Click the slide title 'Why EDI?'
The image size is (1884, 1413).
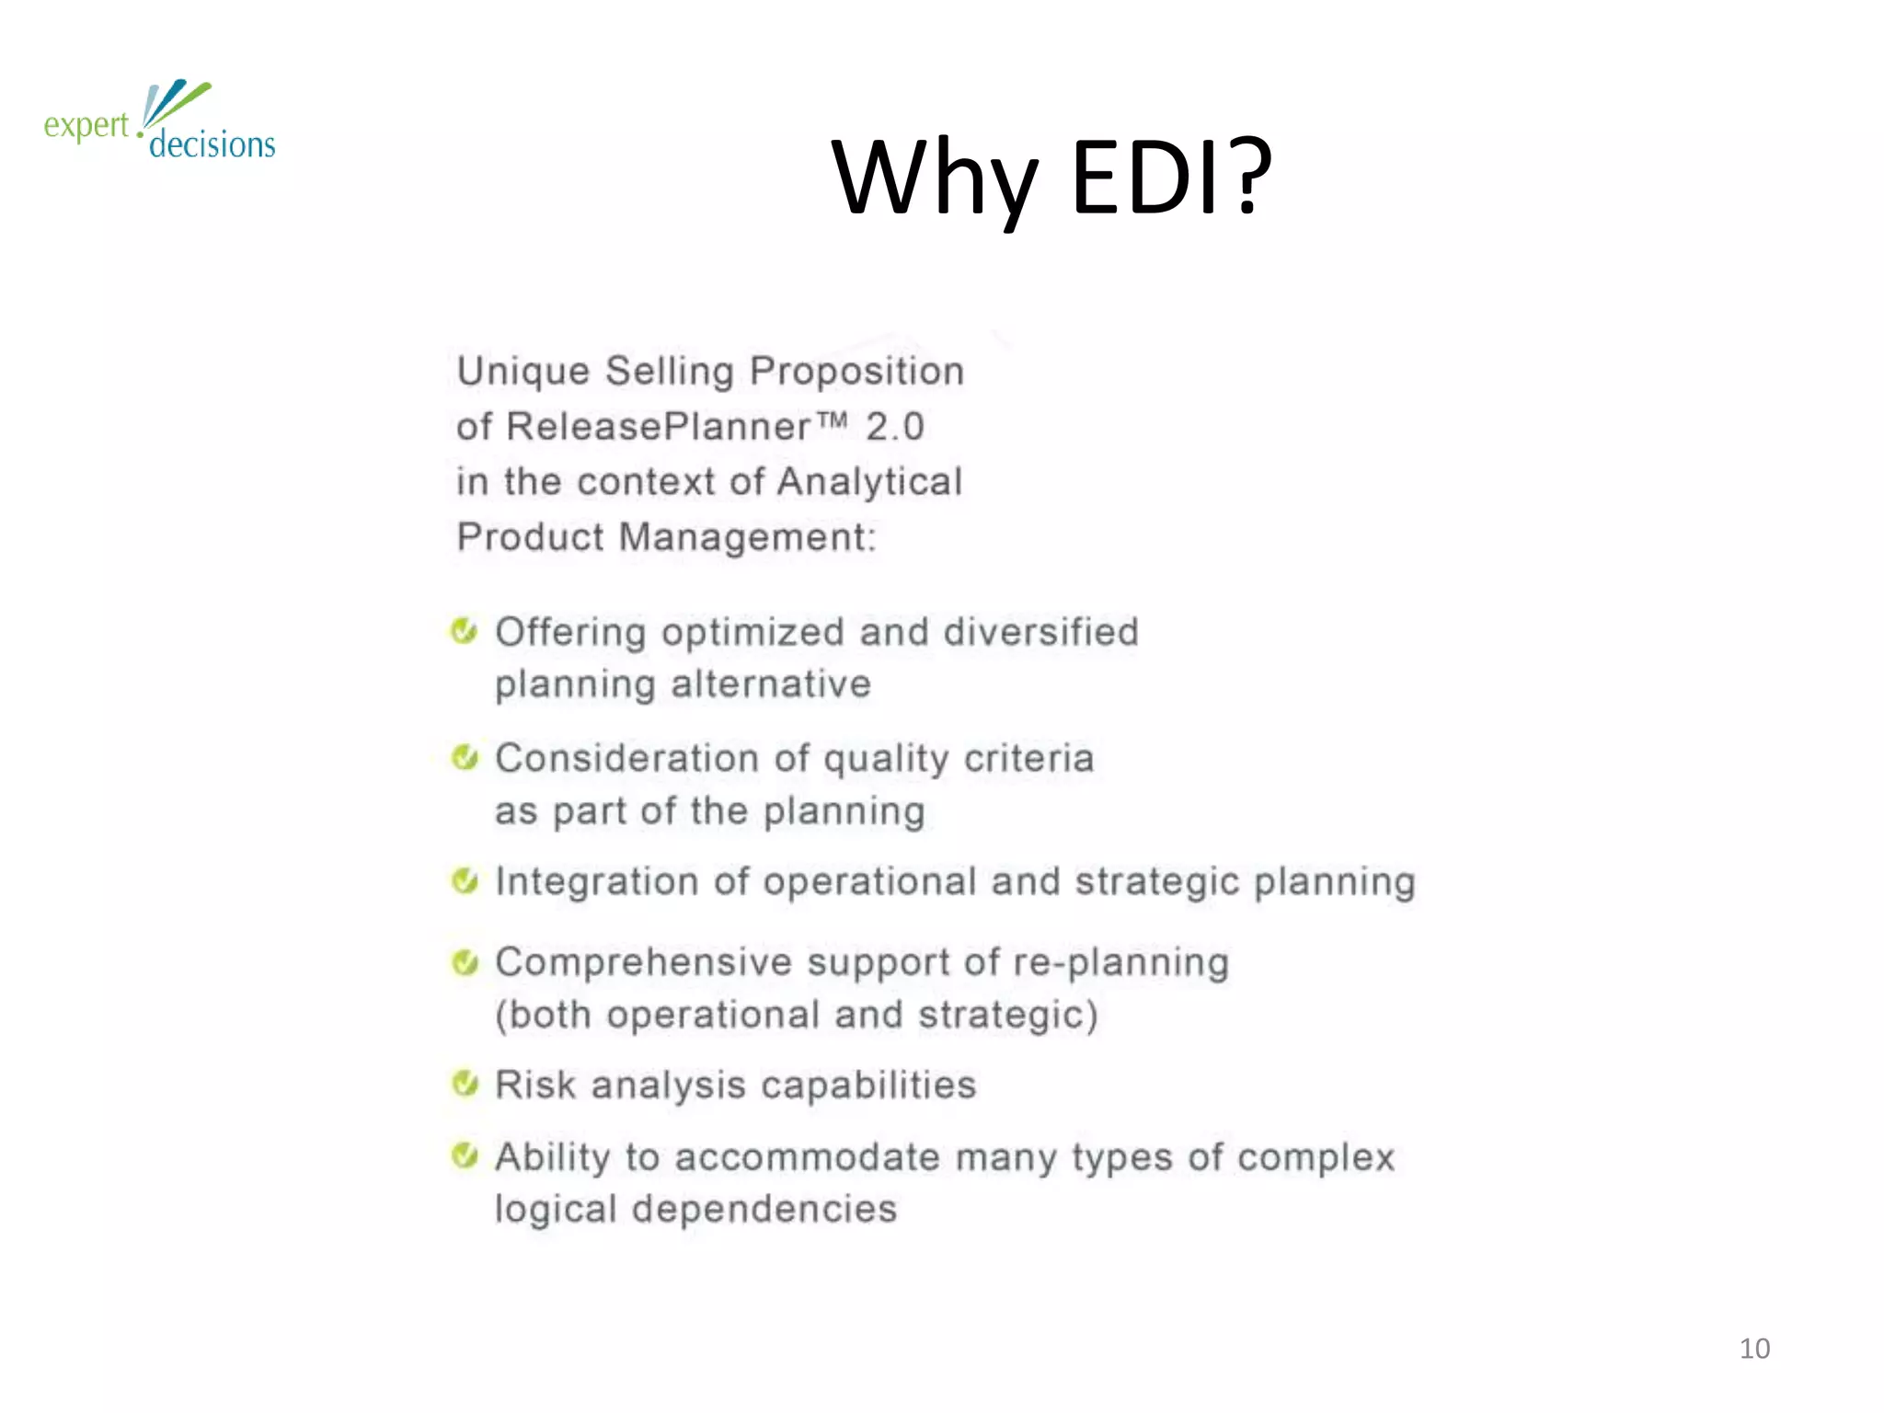point(1051,177)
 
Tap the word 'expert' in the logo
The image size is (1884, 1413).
point(86,125)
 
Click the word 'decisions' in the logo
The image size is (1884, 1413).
point(212,144)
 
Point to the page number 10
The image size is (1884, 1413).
point(1754,1349)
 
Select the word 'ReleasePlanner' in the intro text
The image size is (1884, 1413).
point(659,427)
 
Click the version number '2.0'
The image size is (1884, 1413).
point(894,427)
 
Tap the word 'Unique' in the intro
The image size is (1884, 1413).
point(523,372)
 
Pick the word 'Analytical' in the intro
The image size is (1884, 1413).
point(869,482)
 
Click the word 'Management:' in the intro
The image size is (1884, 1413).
point(748,537)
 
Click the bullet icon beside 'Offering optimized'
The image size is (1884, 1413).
point(465,632)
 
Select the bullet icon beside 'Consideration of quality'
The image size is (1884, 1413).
point(465,758)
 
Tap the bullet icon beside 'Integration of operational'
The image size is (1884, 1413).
point(465,881)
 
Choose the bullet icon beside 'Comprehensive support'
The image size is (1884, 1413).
point(465,962)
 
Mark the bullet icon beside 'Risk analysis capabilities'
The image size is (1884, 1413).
point(465,1084)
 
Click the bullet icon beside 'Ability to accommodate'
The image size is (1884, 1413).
point(465,1155)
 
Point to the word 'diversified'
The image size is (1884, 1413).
point(1040,632)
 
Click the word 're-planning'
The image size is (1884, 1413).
point(1120,963)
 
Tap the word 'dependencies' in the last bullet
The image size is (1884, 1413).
point(764,1209)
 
